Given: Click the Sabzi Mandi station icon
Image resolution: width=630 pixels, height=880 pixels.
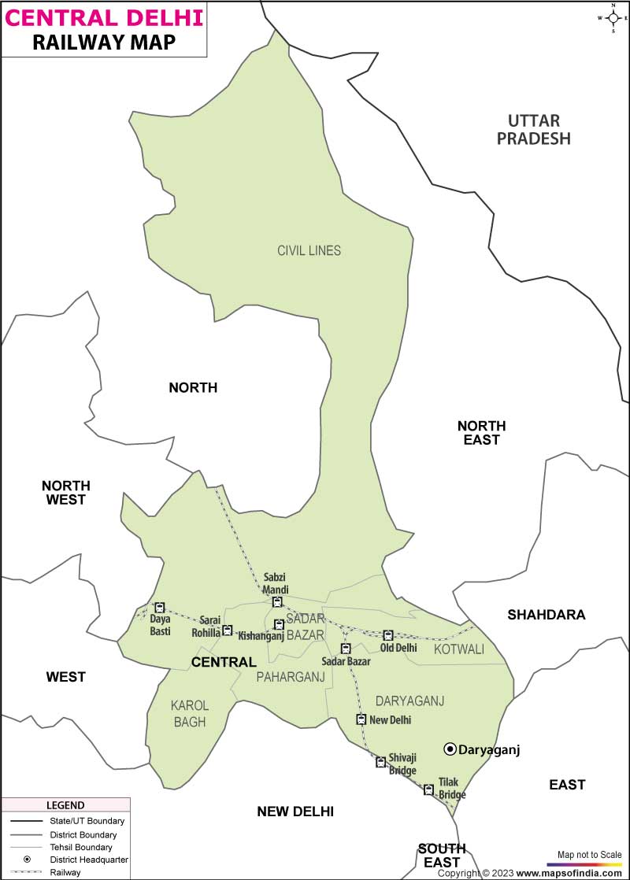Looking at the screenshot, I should coord(277,602).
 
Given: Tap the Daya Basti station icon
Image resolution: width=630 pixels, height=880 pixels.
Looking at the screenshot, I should coord(160,608).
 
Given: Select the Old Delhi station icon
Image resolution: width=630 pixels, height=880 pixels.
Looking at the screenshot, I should coord(387,635).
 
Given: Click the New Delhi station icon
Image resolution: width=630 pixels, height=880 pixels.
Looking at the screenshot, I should coord(361,719).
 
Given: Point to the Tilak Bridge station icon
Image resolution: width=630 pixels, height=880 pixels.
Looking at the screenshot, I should coord(428,789).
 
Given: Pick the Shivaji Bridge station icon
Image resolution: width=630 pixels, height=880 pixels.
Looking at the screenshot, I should coord(380,762).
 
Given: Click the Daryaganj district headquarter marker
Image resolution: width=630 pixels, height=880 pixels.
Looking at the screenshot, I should coord(450,749).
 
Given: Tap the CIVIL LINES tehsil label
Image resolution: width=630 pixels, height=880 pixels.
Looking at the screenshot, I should coord(309,250).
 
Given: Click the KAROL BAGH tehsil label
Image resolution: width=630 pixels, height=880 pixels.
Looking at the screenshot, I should coord(190,713).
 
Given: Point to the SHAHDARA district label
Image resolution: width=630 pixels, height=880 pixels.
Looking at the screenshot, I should coord(546,615).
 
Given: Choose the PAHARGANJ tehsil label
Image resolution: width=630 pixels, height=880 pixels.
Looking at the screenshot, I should coord(291,676).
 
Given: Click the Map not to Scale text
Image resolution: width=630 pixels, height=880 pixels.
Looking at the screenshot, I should coord(589,855).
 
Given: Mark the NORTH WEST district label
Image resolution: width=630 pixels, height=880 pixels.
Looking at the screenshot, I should coord(66,492).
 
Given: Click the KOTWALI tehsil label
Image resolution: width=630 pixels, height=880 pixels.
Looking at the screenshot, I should coord(459,649).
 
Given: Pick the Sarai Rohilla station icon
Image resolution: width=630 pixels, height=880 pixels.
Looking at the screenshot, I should coord(227,630).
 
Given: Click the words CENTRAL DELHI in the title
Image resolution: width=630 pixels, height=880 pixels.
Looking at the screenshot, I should coord(105,17).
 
